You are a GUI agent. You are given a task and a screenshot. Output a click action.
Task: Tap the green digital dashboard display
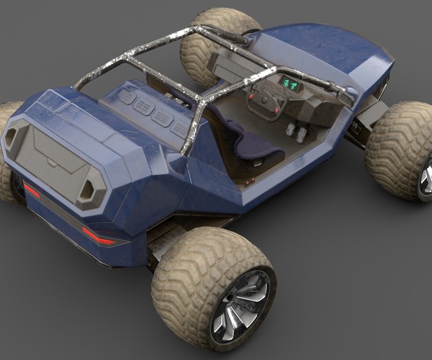(291, 84)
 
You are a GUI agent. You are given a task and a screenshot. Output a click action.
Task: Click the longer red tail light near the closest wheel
(99, 236)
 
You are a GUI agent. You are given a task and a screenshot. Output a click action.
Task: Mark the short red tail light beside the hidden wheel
(31, 190)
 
